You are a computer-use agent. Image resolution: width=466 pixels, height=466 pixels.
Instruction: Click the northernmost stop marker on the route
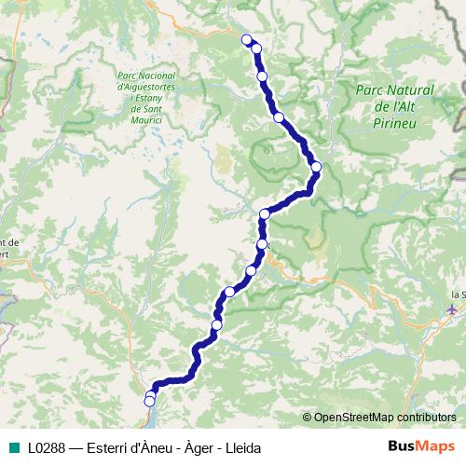click(247, 39)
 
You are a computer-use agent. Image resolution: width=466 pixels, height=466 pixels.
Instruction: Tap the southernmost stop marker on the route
click(149, 401)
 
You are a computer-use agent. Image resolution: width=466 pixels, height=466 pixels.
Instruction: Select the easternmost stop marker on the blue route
click(316, 167)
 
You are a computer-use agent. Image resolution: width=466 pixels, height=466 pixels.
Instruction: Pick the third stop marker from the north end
click(262, 75)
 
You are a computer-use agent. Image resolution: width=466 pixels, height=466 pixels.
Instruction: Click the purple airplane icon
click(453, 308)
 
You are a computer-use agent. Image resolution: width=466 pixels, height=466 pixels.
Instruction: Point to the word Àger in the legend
click(201, 448)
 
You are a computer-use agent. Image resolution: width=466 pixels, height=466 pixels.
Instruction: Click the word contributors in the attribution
click(426, 417)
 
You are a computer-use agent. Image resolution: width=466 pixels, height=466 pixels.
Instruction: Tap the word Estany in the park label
click(153, 97)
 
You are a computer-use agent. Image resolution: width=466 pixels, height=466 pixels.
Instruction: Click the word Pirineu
click(395, 120)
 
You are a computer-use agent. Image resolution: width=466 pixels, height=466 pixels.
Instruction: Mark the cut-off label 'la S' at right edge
click(457, 295)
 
